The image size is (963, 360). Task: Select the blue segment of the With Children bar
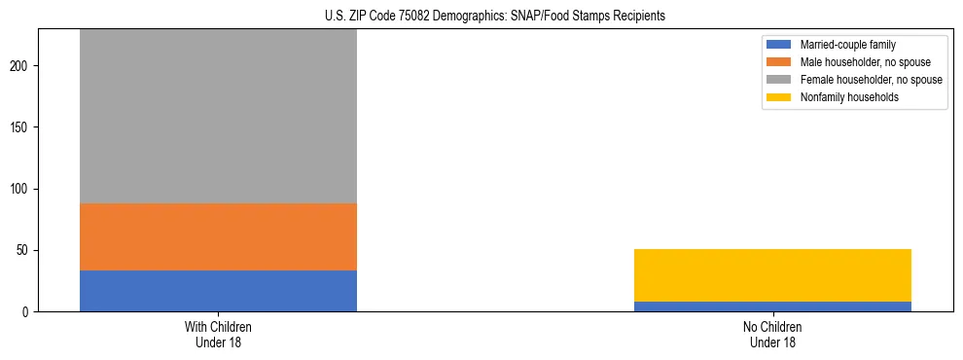point(218,291)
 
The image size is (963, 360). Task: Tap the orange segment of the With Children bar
point(218,236)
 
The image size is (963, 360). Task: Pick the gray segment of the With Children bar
point(218,117)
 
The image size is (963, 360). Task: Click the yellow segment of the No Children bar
point(772,275)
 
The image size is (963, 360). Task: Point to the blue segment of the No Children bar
point(772,306)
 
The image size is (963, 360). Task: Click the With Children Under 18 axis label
point(218,334)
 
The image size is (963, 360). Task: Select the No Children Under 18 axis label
point(772,334)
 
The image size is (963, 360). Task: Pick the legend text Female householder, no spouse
point(871,80)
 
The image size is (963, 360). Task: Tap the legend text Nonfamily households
point(848,97)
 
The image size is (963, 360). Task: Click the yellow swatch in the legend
point(779,97)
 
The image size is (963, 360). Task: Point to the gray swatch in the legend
point(779,80)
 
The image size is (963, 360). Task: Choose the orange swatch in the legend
point(779,62)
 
